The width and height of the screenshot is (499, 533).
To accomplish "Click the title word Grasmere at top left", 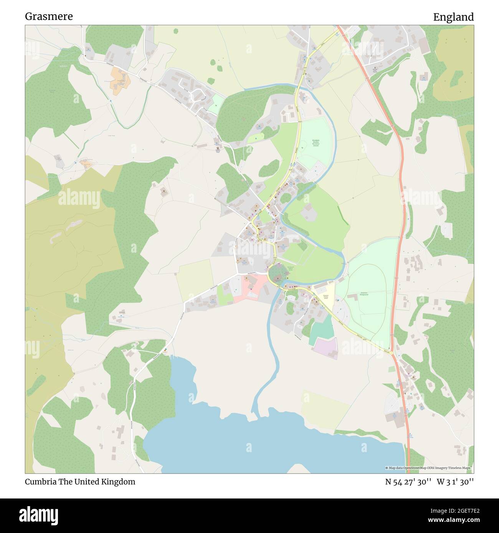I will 49,16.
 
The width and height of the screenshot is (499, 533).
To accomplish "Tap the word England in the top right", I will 453,17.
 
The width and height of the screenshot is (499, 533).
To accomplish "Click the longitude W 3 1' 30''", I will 455,482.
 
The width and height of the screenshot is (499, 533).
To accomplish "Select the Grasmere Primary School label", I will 326,297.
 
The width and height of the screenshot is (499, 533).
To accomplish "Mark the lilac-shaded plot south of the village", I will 326,348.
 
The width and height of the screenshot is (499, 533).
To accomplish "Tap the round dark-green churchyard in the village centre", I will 278,274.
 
